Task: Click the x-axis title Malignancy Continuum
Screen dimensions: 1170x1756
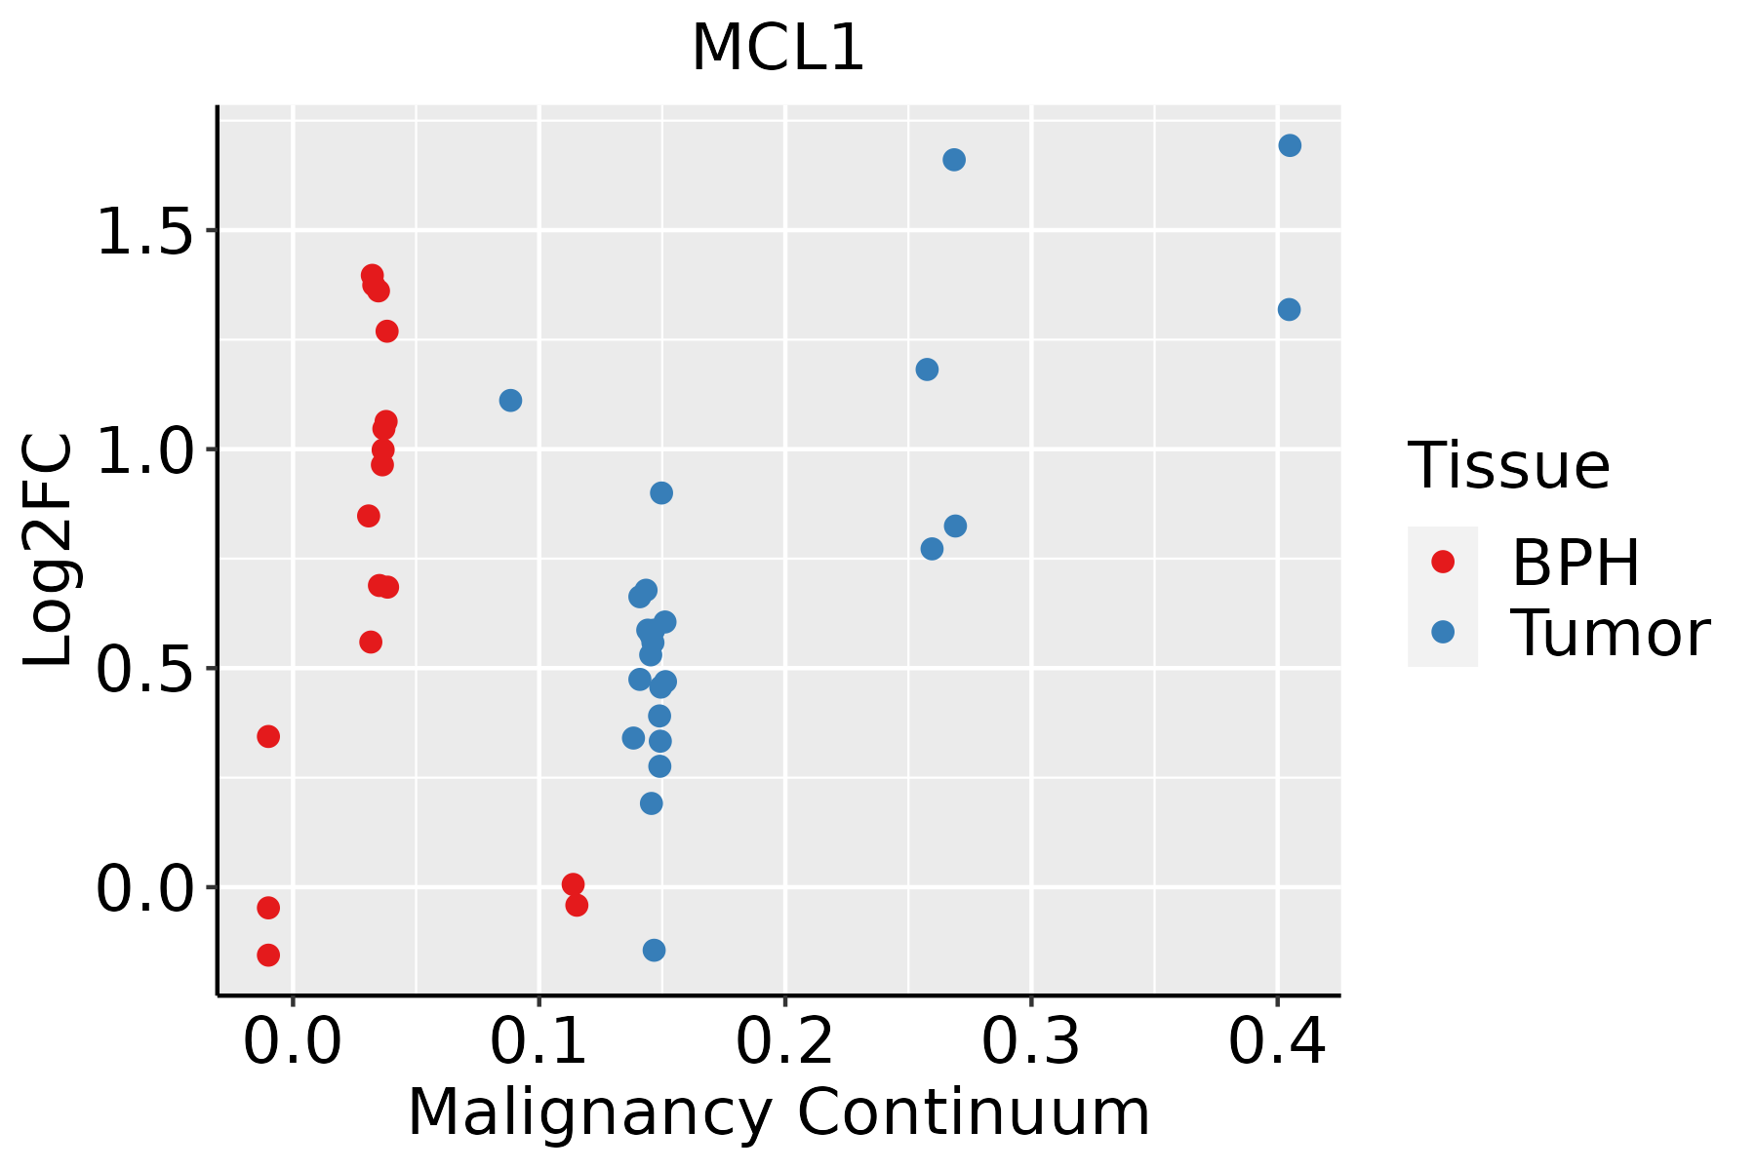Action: tap(778, 1112)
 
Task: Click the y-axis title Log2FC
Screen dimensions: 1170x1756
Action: tap(49, 550)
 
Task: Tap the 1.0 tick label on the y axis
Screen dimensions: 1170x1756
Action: tap(144, 450)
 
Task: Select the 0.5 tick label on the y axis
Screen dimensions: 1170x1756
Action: tap(144, 670)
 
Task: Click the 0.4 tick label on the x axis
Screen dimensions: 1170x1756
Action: tap(1276, 1041)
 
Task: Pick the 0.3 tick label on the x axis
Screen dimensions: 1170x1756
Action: tap(1030, 1041)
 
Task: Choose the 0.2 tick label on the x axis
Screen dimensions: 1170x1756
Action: tap(784, 1041)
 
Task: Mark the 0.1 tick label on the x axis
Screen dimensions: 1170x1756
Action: tap(539, 1041)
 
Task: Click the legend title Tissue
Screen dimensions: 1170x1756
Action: tap(1508, 466)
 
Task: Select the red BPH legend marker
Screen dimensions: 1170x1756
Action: tap(1442, 562)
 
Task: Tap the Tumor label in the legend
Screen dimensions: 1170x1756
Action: tap(1610, 634)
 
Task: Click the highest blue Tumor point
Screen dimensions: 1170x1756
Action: tap(1290, 145)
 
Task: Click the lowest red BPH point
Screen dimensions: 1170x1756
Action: tap(268, 955)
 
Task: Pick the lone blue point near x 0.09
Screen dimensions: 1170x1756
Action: tap(510, 400)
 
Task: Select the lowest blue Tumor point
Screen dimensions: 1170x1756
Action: tap(655, 950)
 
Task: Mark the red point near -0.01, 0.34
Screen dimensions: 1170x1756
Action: tap(268, 736)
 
